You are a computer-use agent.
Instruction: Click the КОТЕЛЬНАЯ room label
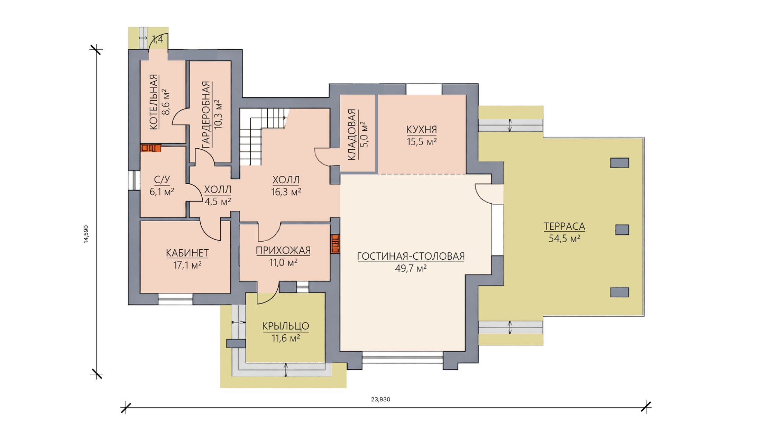tap(154, 102)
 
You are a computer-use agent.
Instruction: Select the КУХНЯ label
tap(422, 130)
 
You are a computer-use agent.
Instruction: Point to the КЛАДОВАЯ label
tap(351, 134)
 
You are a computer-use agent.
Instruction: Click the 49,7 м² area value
tap(411, 269)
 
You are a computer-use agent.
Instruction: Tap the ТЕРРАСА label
tap(565, 226)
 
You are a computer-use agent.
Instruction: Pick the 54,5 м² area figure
tap(565, 239)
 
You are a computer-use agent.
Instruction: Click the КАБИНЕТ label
tap(187, 253)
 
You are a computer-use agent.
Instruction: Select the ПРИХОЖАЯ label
tap(283, 250)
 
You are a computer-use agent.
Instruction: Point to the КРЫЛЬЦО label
tap(286, 326)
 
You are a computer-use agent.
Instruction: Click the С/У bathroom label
tap(162, 179)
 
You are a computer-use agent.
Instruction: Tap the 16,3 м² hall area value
tap(286, 192)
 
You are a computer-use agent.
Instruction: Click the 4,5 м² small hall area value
tap(218, 202)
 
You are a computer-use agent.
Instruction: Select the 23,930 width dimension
tap(380, 399)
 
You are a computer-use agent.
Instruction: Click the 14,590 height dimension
tap(86, 234)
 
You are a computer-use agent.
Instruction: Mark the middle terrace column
tap(622, 230)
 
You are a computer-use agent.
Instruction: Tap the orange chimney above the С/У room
tap(150, 148)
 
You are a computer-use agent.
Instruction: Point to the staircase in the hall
tap(262, 137)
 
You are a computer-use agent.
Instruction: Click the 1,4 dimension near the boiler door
tap(157, 40)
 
